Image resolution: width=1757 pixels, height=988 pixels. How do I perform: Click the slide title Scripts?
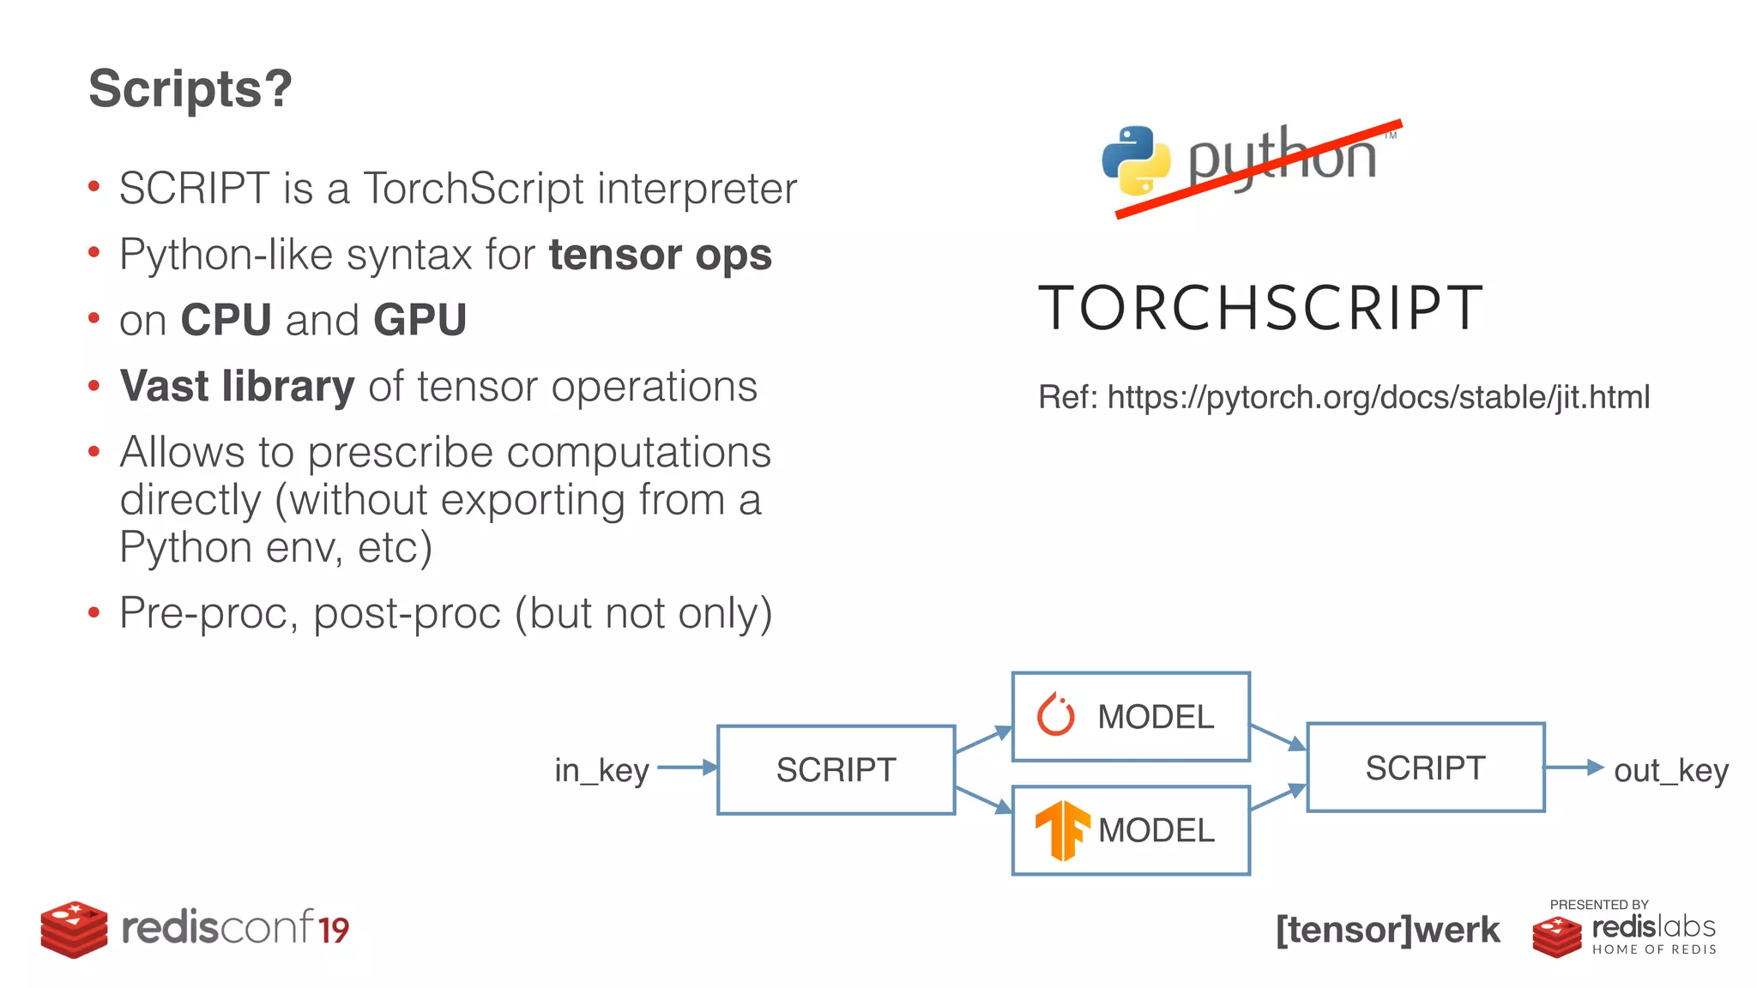(x=190, y=89)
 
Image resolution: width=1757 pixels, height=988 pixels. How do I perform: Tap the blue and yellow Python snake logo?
(x=1135, y=160)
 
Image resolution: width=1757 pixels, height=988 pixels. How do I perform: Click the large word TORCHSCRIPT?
(x=1260, y=308)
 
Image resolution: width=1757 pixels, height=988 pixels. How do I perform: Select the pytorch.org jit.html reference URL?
(x=1378, y=398)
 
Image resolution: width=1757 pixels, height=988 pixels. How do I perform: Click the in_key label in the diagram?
(x=601, y=770)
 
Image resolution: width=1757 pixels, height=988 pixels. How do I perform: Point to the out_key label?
(x=1670, y=770)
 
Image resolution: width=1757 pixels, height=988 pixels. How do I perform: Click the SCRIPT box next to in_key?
(x=836, y=769)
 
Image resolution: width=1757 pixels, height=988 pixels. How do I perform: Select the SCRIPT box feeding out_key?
(x=1425, y=768)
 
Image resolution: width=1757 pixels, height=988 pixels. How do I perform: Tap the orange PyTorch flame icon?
(x=1055, y=715)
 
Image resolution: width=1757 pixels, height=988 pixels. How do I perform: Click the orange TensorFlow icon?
(x=1061, y=829)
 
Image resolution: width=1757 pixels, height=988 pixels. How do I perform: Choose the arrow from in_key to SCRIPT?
(x=687, y=767)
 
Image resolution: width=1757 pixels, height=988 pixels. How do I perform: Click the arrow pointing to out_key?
(x=1574, y=767)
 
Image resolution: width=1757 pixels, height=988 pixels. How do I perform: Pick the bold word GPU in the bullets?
(x=420, y=320)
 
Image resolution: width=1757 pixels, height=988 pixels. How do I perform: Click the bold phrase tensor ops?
(x=660, y=255)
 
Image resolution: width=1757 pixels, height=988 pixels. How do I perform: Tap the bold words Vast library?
(x=237, y=386)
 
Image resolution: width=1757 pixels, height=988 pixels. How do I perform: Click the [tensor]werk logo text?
(x=1387, y=930)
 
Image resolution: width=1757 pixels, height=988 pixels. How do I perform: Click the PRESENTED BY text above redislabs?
(x=1598, y=904)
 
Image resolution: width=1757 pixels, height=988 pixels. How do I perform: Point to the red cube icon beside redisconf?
(x=74, y=929)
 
